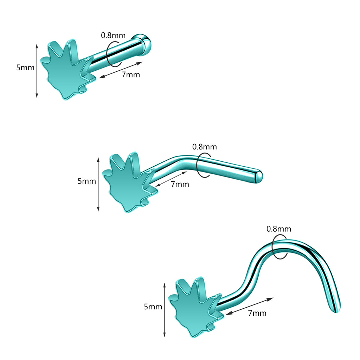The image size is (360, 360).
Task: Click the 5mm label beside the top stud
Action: (25, 68)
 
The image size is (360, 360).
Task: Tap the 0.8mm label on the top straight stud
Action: (113, 36)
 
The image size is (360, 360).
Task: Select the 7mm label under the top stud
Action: (131, 75)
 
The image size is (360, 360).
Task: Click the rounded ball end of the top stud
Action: (143, 45)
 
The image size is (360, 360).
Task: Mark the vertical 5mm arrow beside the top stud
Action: (37, 71)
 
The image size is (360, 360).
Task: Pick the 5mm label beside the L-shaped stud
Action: (87, 181)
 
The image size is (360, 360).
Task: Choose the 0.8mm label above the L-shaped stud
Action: (204, 147)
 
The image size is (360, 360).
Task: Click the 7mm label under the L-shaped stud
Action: (180, 184)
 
